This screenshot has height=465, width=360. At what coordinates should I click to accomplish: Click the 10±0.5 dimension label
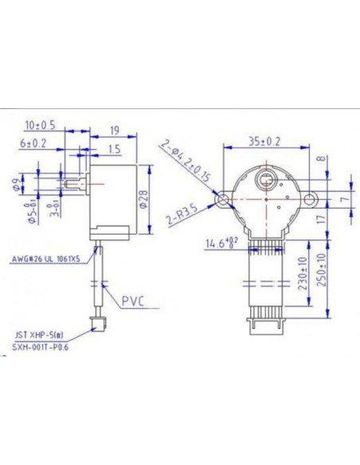pyautogui.click(x=40, y=124)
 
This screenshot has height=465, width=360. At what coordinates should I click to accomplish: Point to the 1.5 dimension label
pyautogui.click(x=114, y=148)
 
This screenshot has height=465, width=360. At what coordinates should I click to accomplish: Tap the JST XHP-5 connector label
pyautogui.click(x=37, y=337)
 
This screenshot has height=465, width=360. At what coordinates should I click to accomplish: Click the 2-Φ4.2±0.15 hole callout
pyautogui.click(x=184, y=161)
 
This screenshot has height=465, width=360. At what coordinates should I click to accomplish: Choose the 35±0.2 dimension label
pyautogui.click(x=264, y=142)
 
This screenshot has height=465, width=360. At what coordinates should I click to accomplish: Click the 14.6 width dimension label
pyautogui.click(x=221, y=242)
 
